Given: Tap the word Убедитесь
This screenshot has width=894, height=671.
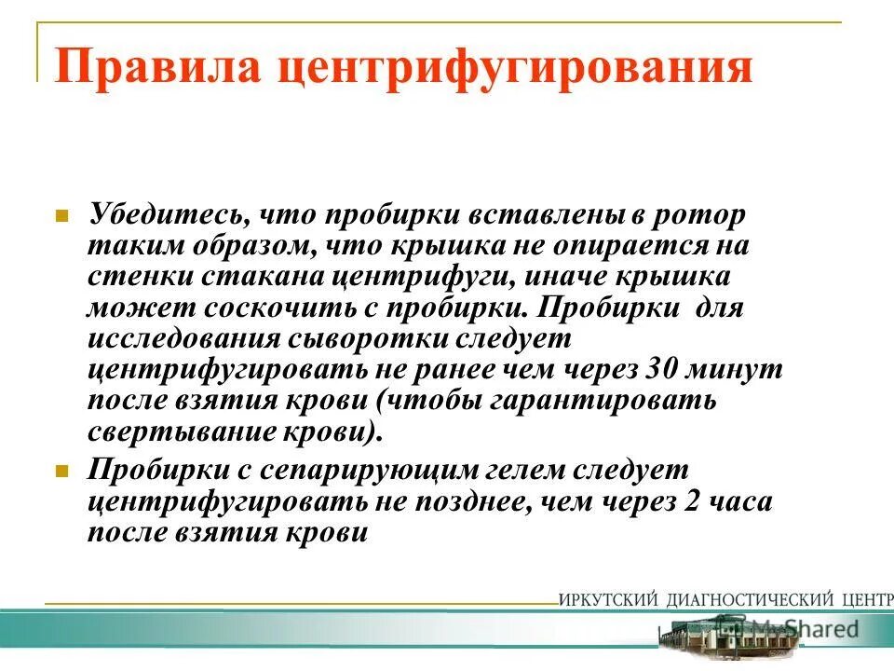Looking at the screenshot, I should (169, 215).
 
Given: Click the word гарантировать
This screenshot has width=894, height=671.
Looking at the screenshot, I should (605, 401).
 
